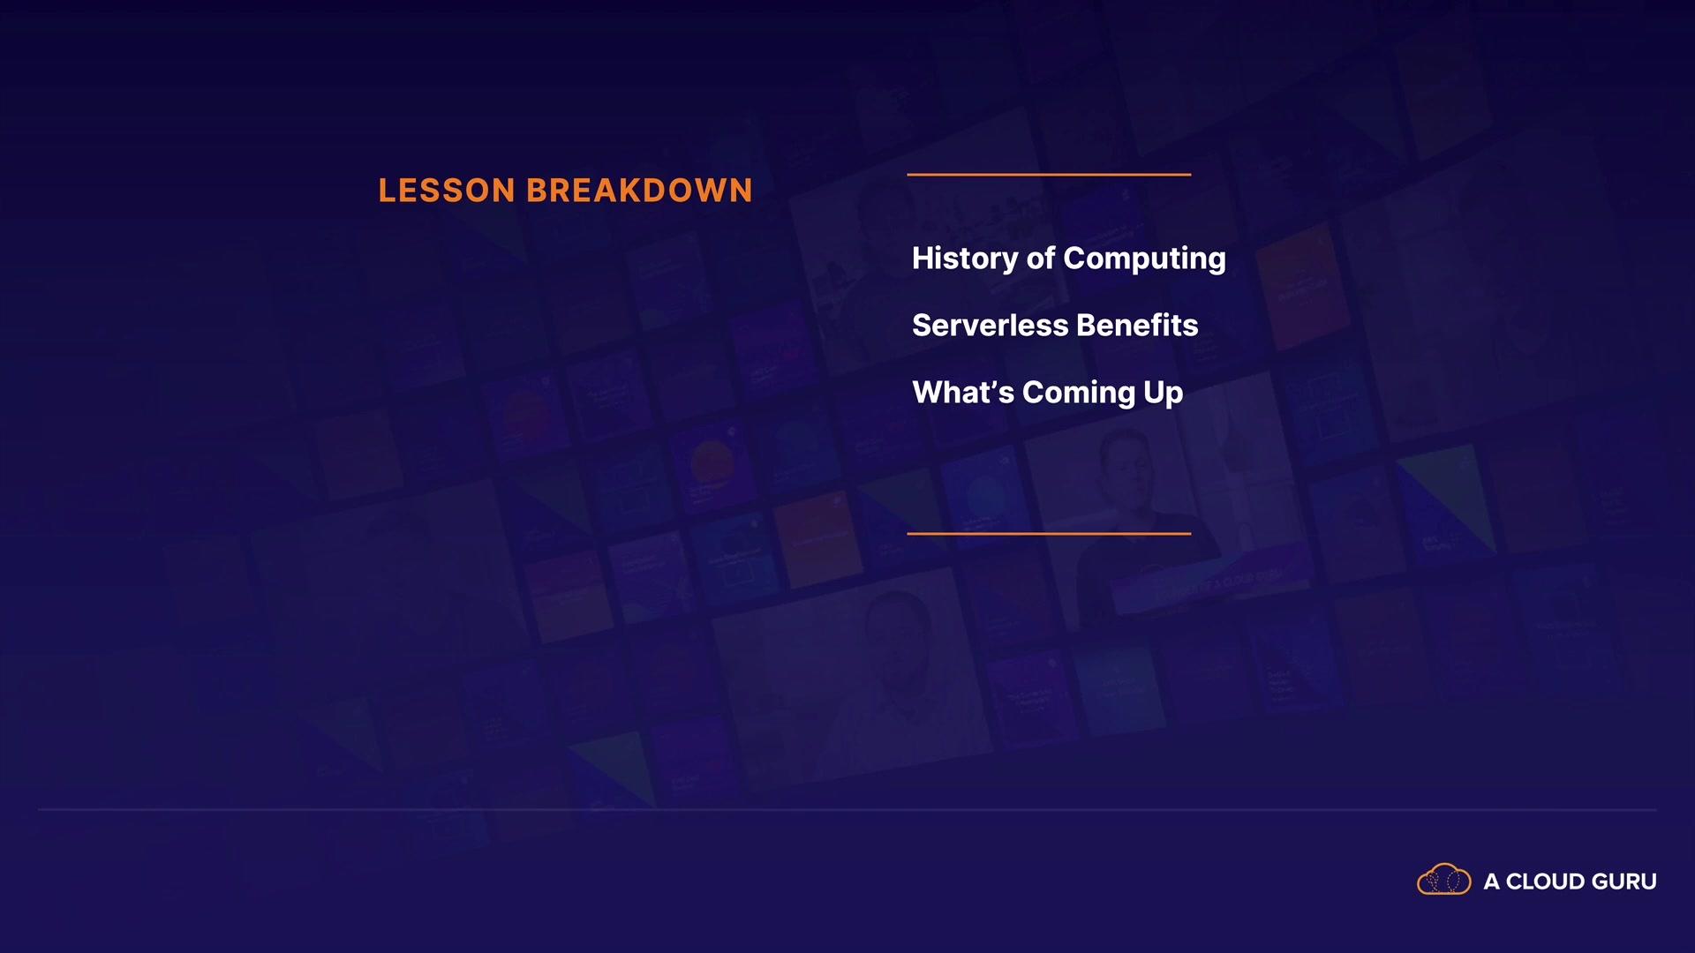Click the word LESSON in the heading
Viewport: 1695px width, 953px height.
pos(447,191)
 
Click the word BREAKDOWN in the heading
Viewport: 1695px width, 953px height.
pos(640,191)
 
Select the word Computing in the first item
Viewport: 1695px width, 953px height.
pos(1144,259)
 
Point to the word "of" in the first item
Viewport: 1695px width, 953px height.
pos(1041,258)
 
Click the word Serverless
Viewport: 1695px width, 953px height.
pos(991,326)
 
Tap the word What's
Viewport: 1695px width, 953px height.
pos(963,392)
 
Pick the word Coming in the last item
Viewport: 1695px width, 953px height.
pos(1079,394)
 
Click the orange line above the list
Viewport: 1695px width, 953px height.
pos(1049,175)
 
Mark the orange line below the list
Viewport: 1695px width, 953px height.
pos(1049,534)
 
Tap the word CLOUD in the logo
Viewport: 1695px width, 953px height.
pos(1545,882)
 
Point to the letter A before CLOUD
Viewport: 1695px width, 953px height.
pos(1491,882)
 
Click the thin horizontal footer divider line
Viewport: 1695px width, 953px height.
pos(847,809)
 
